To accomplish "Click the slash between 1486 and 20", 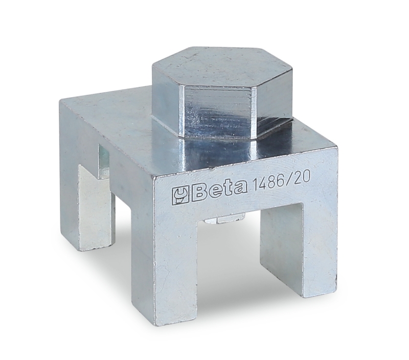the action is [290, 181].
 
